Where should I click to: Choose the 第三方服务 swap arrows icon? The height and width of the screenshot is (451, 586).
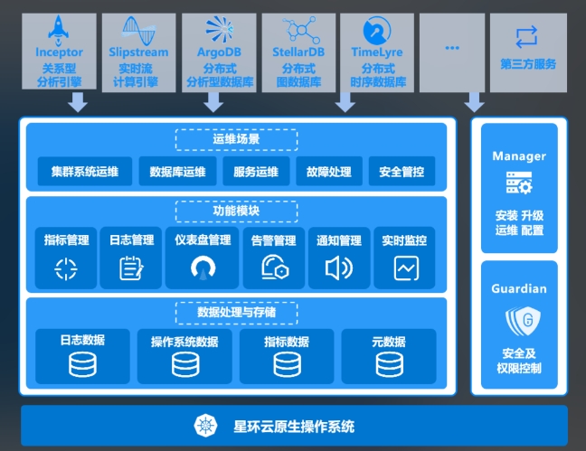pos(527,37)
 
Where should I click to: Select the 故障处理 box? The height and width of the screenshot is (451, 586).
pos(329,171)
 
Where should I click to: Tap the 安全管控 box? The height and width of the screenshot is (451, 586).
pos(402,171)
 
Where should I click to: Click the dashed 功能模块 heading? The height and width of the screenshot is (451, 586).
pos(236,211)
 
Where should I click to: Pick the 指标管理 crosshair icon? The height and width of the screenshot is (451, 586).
pos(66,268)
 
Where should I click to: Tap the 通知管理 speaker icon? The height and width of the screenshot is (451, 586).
pos(338,268)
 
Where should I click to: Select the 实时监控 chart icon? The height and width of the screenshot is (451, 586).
pos(404,268)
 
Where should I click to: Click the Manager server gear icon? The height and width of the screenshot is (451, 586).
pos(519,186)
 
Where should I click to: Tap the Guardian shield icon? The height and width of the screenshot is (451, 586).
pos(519,320)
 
